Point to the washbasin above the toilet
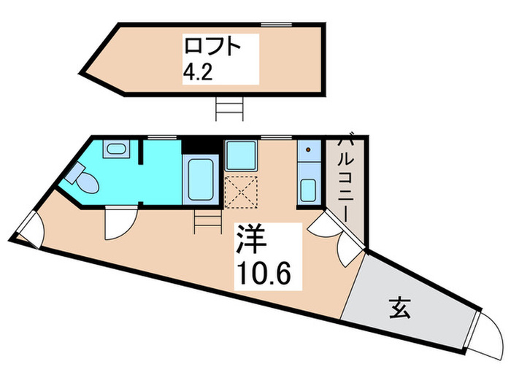(x=116, y=150)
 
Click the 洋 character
(x=248, y=240)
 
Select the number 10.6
(x=263, y=274)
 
